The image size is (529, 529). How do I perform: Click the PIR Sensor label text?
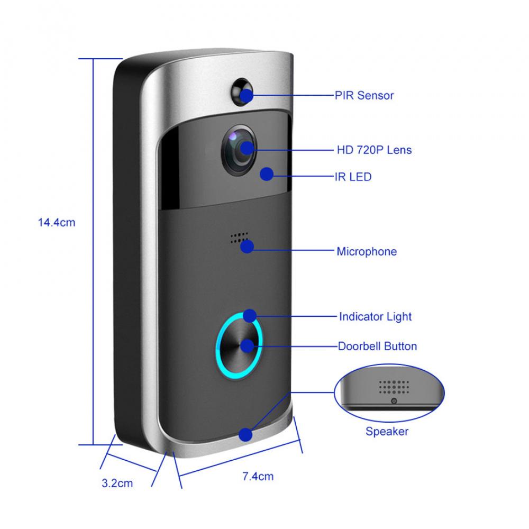[364, 96]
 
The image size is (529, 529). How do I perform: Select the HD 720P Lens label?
[374, 150]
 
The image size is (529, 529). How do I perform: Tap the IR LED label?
[354, 176]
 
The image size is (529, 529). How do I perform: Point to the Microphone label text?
[367, 251]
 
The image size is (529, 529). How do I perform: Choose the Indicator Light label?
[375, 317]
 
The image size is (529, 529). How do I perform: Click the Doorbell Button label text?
[377, 346]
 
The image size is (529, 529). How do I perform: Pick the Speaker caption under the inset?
[387, 431]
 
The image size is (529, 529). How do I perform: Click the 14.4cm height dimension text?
[57, 223]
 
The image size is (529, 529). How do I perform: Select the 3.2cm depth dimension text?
[117, 483]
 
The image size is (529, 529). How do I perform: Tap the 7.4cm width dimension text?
[258, 476]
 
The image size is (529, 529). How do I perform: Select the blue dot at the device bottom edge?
[245, 435]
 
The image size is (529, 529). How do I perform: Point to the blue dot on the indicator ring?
[249, 316]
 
